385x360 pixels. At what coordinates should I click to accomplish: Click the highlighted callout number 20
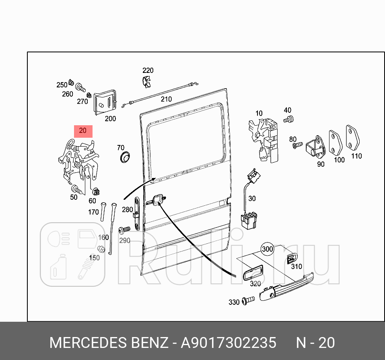[82, 131]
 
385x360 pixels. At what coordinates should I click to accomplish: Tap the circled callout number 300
[268, 249]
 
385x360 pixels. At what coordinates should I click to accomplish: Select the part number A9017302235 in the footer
[229, 343]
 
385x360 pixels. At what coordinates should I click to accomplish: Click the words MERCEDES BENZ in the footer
[109, 343]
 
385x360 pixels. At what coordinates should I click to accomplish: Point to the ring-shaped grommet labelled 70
[126, 157]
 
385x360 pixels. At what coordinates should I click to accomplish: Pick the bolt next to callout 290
[124, 230]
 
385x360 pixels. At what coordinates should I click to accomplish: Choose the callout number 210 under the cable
[166, 99]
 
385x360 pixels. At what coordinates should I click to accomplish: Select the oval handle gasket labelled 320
[252, 273]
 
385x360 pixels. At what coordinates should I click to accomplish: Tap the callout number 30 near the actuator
[252, 199]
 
